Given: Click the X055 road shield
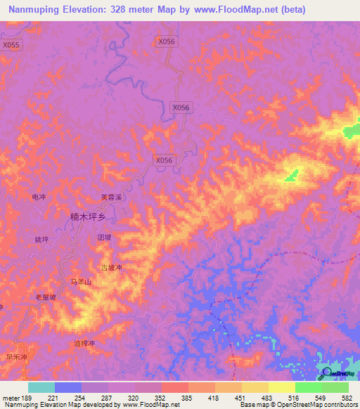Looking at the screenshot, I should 12,45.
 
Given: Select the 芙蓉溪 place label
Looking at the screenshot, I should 111,197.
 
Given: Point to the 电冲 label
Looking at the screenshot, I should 39,197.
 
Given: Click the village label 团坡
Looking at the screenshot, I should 104,238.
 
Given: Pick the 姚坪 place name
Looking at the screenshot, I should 41,240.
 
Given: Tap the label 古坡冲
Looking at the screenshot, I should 111,268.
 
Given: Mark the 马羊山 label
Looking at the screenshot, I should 81,282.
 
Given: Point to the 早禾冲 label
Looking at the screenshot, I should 16,357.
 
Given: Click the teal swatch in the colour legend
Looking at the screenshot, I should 41,387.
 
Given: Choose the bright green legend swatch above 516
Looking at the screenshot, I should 308,387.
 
